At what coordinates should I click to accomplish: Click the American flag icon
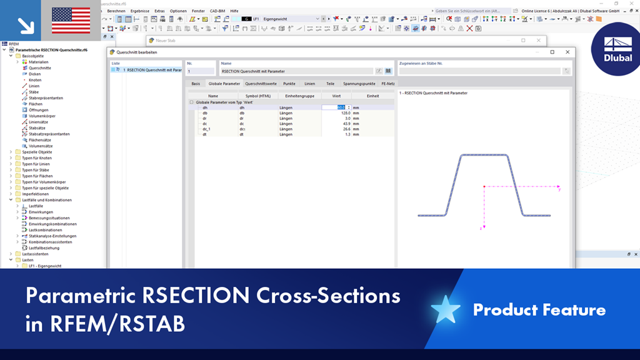tap(70, 21)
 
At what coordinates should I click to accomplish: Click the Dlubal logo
tap(617, 49)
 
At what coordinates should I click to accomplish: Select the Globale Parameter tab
tap(224, 83)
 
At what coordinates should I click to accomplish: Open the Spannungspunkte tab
tap(359, 83)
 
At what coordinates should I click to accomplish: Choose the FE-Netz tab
tap(387, 83)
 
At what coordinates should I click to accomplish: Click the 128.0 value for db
tap(343, 113)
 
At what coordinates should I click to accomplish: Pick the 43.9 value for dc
tap(343, 124)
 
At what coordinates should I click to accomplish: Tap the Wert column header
tap(336, 96)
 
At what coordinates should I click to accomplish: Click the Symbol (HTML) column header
tap(254, 96)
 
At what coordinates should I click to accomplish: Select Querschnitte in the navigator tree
tap(40, 68)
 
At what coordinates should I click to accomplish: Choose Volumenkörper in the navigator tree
tap(42, 116)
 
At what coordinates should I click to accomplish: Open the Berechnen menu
tap(116, 11)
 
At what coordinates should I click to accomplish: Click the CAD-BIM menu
tap(218, 11)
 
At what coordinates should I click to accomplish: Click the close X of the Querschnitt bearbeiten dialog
tap(567, 52)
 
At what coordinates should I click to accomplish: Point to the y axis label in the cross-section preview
tap(559, 189)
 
